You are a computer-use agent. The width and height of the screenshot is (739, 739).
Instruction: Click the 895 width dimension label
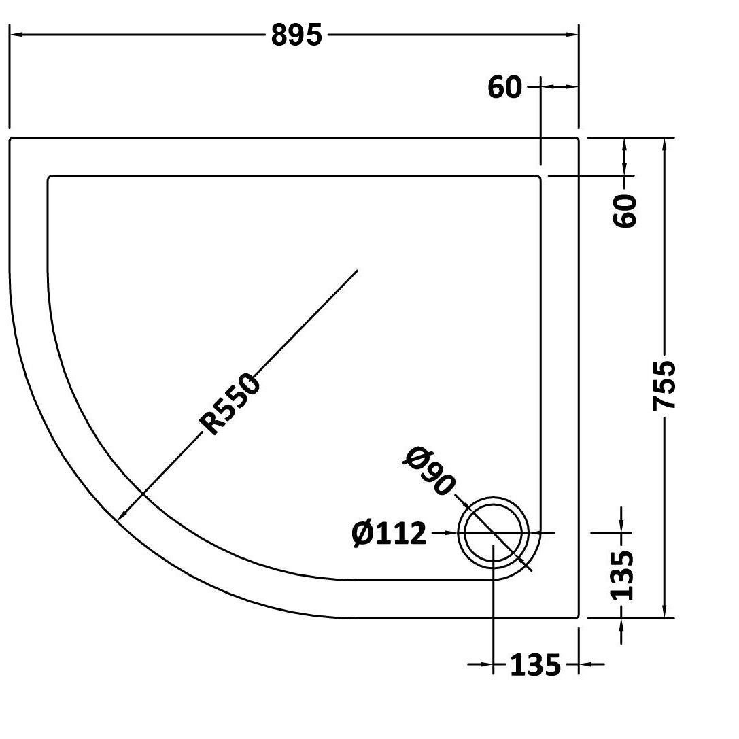coord(296,35)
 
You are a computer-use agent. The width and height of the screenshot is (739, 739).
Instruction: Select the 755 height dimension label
coord(664,385)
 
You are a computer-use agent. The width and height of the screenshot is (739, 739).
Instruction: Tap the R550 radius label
coord(230,403)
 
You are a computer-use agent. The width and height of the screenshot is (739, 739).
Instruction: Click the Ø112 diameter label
coord(390,534)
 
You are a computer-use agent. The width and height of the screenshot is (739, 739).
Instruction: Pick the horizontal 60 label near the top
coord(504,87)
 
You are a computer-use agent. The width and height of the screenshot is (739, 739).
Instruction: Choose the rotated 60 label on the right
coord(625,211)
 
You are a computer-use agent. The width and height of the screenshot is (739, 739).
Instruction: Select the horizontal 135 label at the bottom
coord(536,665)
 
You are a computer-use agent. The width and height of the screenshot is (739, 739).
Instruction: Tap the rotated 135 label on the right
coord(621,575)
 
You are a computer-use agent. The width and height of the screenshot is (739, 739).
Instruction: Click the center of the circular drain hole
coord(494,533)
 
